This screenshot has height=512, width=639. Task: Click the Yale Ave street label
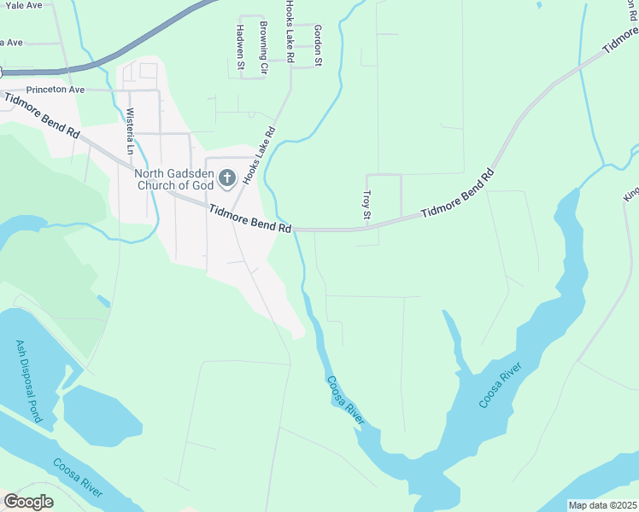21,5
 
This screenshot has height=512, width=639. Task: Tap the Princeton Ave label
56,89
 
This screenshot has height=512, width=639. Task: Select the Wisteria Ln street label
131,131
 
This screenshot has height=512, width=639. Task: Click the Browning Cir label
264,47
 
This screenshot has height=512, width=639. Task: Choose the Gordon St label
318,45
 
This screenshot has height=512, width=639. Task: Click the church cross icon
227,178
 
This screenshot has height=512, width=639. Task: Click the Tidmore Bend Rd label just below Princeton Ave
43,116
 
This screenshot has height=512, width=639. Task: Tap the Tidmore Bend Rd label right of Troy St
458,195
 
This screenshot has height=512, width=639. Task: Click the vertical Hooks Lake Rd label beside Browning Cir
290,32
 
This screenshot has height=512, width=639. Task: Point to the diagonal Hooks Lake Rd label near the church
260,155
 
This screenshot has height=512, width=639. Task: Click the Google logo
28,501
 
